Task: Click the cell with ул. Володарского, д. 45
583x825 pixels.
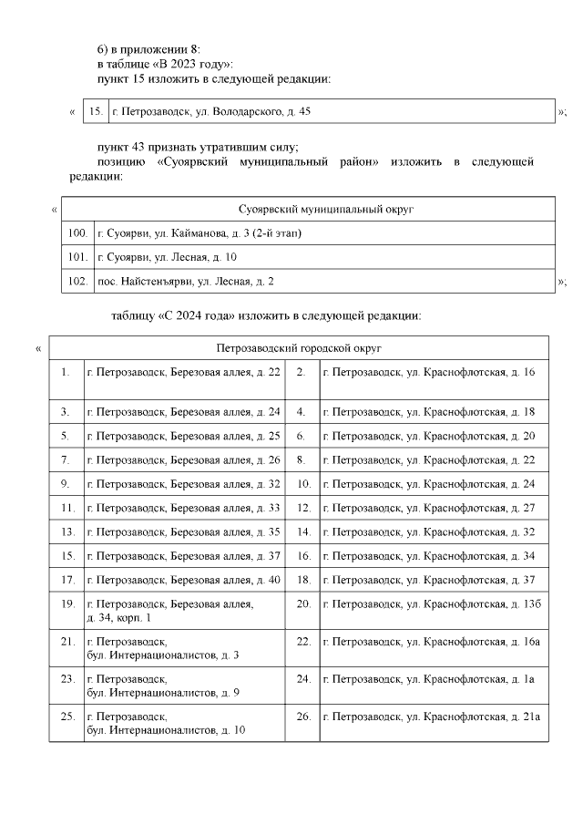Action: tap(211, 111)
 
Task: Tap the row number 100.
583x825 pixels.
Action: tap(77, 233)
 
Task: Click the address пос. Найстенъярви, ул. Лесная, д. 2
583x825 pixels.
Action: tap(185, 282)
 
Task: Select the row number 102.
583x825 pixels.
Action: tap(77, 282)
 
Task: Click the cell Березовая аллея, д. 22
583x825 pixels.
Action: tap(183, 373)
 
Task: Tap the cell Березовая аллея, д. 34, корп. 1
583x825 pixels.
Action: tap(169, 611)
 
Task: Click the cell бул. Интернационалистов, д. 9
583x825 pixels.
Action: tap(163, 686)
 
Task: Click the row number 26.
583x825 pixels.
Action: tap(304, 717)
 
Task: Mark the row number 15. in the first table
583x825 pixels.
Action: tap(94, 111)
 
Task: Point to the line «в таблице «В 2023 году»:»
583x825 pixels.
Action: tap(165, 63)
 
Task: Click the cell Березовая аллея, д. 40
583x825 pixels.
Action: tap(183, 579)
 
